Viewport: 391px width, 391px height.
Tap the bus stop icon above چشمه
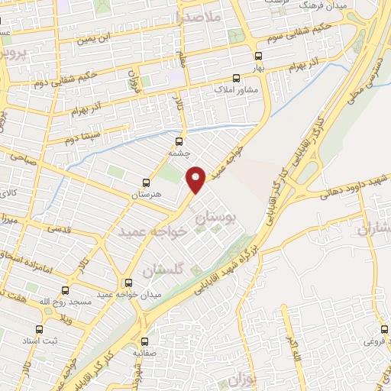(179, 141)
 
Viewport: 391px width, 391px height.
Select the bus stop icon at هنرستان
(146, 183)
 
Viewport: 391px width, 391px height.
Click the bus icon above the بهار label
(259, 56)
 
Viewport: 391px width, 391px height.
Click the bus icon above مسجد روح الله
(65, 290)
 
